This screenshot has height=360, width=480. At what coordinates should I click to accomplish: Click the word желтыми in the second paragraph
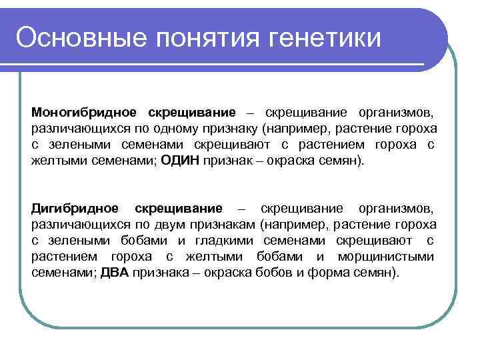tap(218, 257)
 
